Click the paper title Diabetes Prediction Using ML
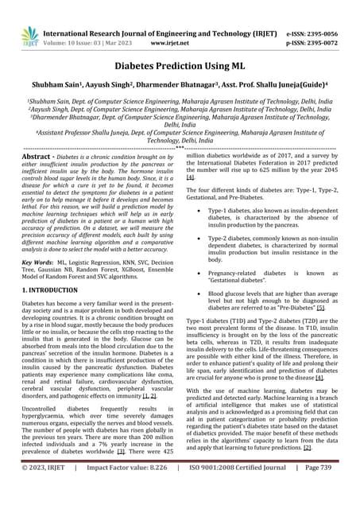[180, 68]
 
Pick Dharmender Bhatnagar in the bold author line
[186, 89]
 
